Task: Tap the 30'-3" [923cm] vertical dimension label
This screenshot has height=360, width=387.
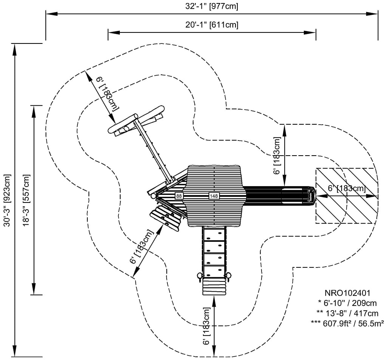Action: [7, 200]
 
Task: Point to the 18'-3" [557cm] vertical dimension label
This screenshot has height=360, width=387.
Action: [26, 200]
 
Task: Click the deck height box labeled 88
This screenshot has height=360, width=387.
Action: [179, 196]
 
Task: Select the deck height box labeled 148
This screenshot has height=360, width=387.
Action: [214, 196]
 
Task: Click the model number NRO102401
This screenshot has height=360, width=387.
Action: [347, 293]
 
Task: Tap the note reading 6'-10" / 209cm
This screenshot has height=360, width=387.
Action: [347, 303]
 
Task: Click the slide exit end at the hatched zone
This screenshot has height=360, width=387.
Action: [311, 196]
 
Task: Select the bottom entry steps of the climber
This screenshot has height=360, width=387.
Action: [214, 287]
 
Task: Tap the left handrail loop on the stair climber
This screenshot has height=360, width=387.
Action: [199, 277]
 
